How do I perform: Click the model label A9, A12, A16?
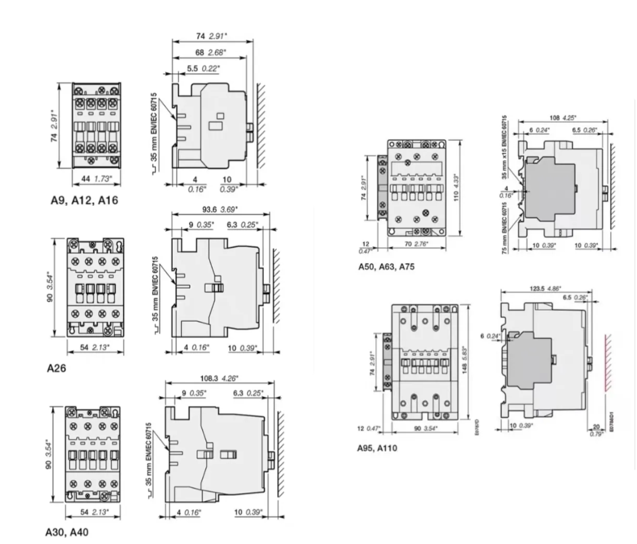click(x=83, y=200)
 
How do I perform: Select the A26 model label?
click(x=56, y=368)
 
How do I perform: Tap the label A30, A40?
click(x=67, y=532)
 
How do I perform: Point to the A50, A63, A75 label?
click(x=386, y=267)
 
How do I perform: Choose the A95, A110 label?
click(x=377, y=447)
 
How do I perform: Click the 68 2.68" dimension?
click(x=210, y=52)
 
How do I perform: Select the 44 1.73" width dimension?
click(x=94, y=178)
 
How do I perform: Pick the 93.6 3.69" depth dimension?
click(x=220, y=209)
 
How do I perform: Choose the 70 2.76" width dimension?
click(x=415, y=244)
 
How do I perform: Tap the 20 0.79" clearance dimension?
click(x=597, y=428)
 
